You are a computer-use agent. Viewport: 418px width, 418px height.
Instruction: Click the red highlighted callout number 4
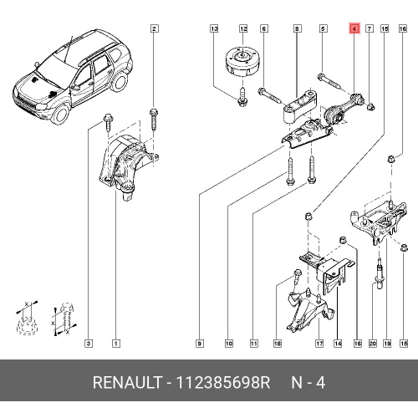click(354, 28)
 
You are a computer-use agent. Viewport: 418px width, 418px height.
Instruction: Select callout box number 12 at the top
click(243, 28)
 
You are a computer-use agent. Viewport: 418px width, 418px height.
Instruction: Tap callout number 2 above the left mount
click(155, 28)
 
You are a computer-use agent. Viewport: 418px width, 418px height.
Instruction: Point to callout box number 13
click(214, 28)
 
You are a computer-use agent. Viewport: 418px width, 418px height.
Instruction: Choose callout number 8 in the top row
click(297, 28)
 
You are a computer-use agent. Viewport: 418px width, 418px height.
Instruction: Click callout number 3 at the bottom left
click(89, 344)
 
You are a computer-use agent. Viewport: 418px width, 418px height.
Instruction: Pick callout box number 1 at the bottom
click(116, 344)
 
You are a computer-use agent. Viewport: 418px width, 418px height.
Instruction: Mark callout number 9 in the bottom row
click(200, 344)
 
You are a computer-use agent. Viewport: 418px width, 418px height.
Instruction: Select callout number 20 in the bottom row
click(373, 344)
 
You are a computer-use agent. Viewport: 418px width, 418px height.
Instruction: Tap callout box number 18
click(278, 344)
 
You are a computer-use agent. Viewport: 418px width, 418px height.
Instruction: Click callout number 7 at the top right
click(370, 28)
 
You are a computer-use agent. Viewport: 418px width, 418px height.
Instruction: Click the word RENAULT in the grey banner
click(127, 382)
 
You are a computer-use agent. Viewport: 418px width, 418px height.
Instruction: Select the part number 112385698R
click(223, 382)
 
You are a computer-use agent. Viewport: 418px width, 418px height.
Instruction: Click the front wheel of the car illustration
click(60, 114)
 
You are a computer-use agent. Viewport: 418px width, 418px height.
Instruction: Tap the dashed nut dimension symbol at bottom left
click(26, 319)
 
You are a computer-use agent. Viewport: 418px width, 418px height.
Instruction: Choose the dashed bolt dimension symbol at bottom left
click(65, 319)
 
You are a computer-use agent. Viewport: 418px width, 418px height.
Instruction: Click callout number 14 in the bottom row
click(338, 344)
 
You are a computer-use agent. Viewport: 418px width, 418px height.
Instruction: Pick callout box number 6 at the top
click(264, 28)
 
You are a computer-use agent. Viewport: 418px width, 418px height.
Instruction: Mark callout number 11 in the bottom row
click(253, 344)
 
